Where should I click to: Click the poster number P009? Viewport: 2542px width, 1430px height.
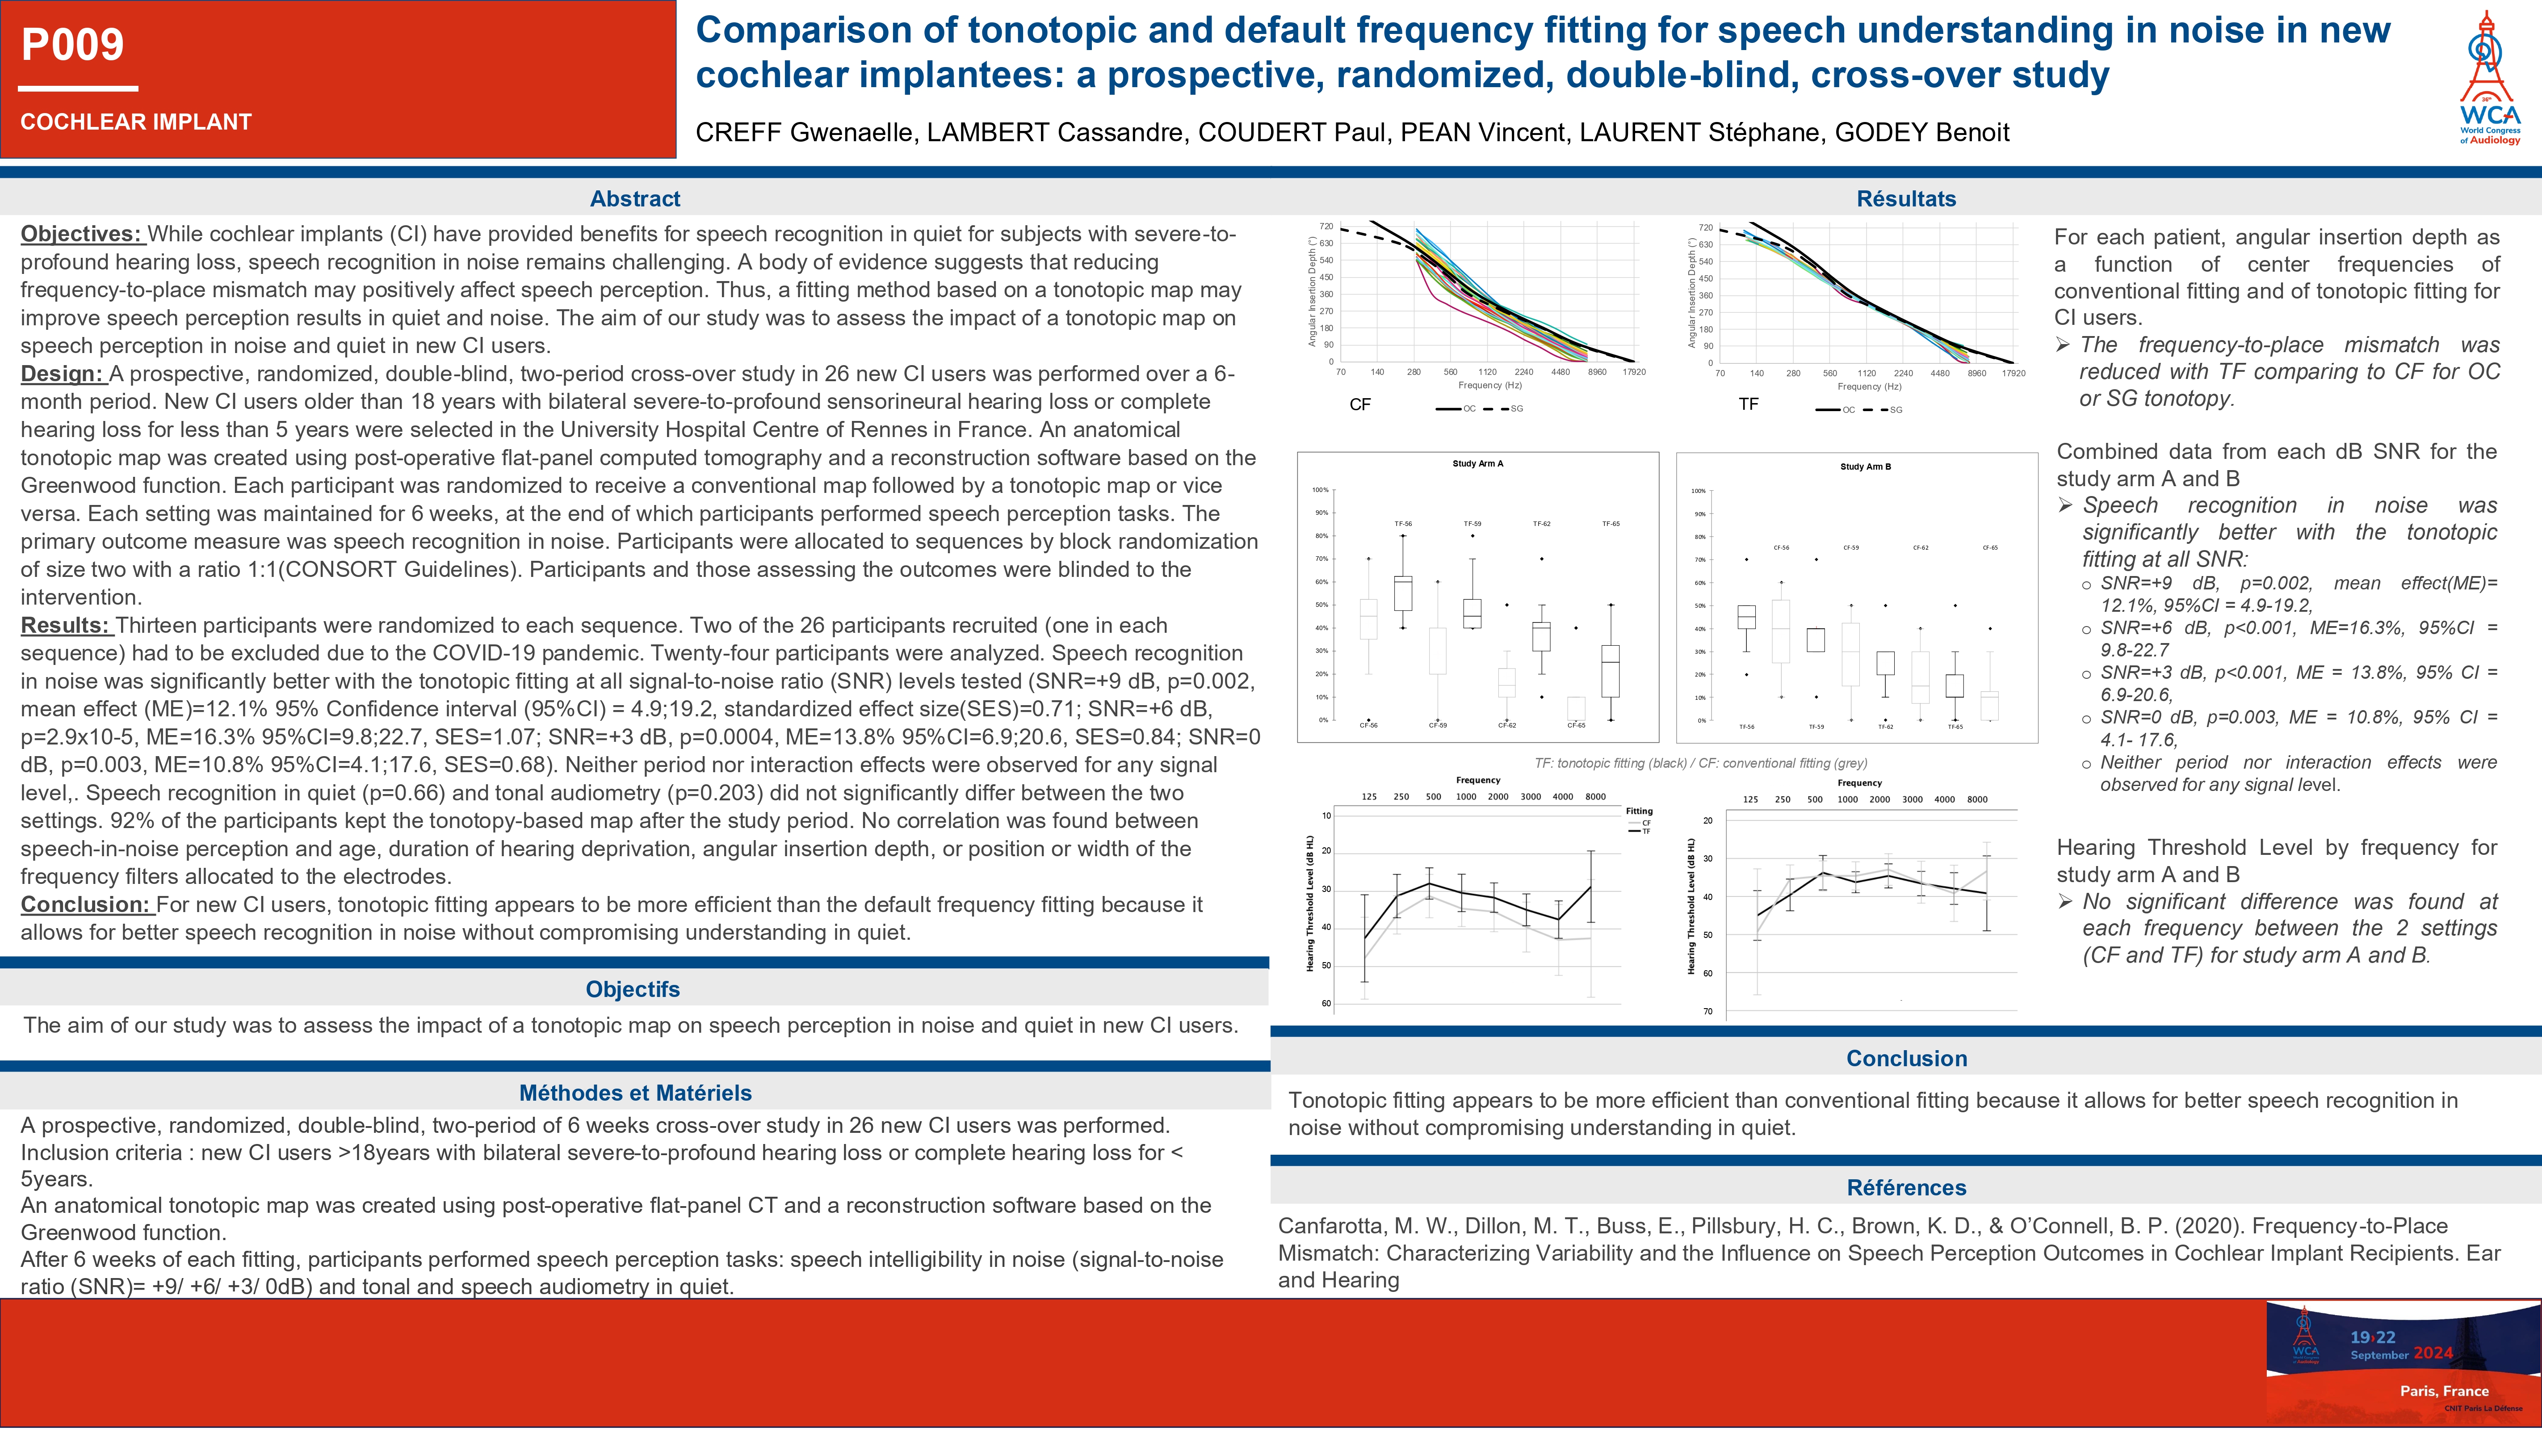pyautogui.click(x=73, y=44)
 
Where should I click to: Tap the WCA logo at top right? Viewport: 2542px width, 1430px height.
pyautogui.click(x=2489, y=79)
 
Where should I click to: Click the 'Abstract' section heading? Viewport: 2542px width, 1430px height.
pyautogui.click(x=634, y=198)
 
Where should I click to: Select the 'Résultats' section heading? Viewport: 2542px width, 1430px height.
pyautogui.click(x=1905, y=198)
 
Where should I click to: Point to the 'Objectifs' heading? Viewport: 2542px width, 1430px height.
pyautogui.click(x=633, y=989)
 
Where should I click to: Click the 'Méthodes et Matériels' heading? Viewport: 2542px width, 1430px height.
pyautogui.click(x=634, y=1093)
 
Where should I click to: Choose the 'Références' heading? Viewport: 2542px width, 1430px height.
pyautogui.click(x=1905, y=1187)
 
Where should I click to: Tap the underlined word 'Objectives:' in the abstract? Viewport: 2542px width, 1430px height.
pyautogui.click(x=82, y=234)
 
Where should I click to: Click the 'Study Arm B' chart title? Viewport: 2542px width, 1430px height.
pyautogui.click(x=1865, y=467)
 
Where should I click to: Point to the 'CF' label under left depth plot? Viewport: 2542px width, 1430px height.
pyautogui.click(x=1360, y=404)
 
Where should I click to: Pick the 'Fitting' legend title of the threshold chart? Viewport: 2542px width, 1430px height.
pyautogui.click(x=1639, y=811)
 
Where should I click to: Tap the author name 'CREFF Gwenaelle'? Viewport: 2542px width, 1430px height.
pyautogui.click(x=804, y=132)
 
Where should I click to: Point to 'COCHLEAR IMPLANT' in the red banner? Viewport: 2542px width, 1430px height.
pyautogui.click(x=136, y=122)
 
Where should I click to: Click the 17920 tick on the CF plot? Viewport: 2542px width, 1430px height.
pyautogui.click(x=1634, y=372)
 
